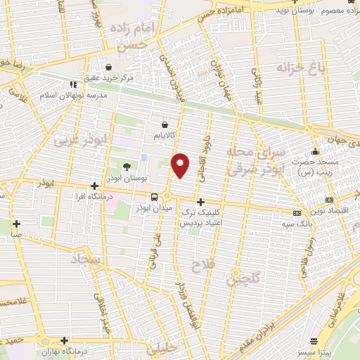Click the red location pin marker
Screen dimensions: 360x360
click(x=181, y=165)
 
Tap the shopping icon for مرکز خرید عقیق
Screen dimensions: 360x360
click(x=108, y=67)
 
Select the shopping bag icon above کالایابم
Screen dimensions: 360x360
click(x=164, y=124)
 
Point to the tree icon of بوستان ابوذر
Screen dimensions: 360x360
click(x=127, y=167)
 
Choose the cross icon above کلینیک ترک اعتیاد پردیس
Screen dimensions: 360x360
click(x=200, y=201)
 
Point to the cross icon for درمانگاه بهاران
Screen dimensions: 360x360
click(x=65, y=340)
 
